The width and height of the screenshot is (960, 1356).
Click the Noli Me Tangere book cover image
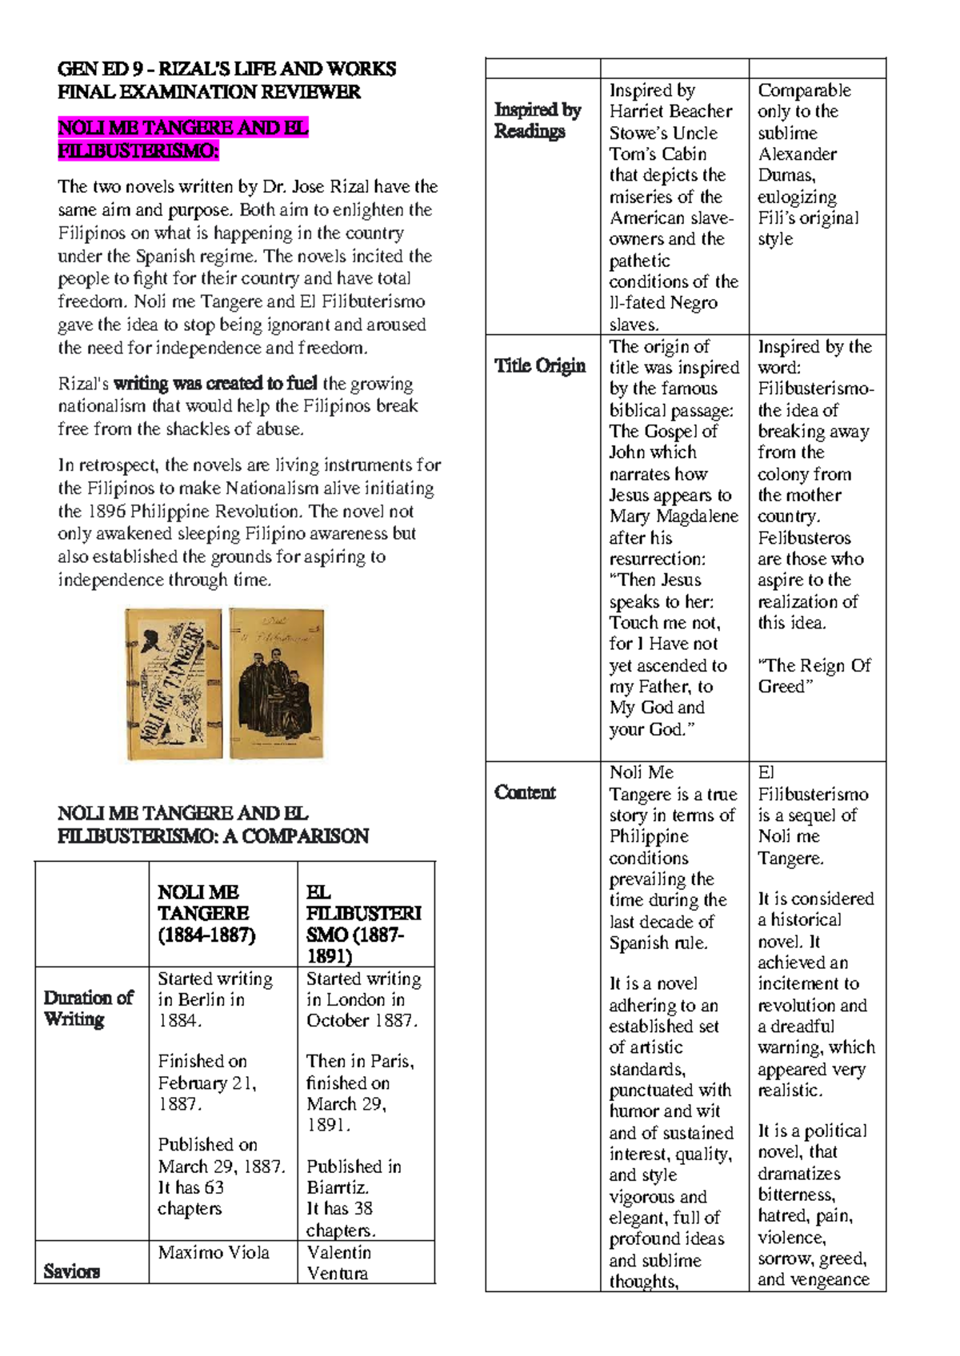coord(174,684)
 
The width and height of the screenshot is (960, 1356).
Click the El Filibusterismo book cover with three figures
coord(277,684)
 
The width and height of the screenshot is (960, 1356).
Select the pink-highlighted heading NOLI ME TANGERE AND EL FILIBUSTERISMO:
coord(182,139)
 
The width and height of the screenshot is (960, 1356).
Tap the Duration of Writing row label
coord(88,1008)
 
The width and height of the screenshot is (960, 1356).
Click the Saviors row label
coord(71,1271)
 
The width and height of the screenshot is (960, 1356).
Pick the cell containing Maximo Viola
coord(214,1253)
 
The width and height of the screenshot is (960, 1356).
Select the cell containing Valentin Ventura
coord(338,1262)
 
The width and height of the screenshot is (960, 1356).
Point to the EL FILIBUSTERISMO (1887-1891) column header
coord(363,923)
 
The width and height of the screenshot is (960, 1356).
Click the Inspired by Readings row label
coord(537,120)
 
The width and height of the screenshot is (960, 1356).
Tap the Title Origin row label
coord(539,366)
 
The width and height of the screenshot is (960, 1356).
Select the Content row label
coord(525,792)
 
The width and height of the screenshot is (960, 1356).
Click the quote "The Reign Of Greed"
coord(814,676)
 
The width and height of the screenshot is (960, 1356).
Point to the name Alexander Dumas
coord(797,165)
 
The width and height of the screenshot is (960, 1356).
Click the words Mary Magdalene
coord(674,516)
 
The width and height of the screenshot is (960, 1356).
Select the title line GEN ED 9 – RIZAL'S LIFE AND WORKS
coord(226,69)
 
